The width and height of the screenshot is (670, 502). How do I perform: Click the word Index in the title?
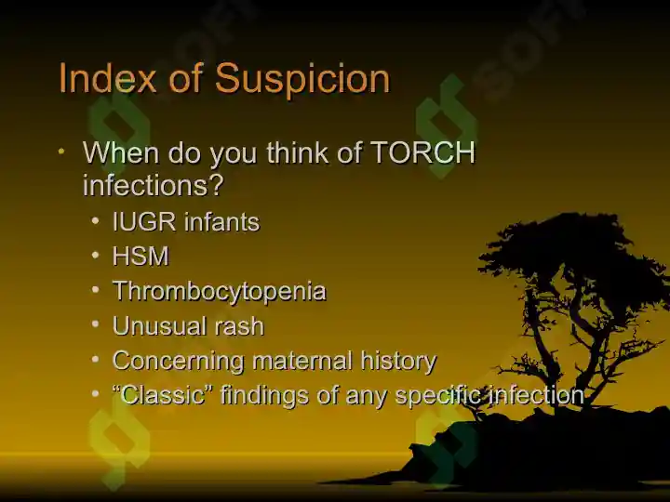click(107, 78)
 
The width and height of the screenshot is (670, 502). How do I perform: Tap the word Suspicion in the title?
click(302, 79)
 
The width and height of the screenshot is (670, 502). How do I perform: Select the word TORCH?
click(423, 152)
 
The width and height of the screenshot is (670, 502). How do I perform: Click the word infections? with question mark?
click(153, 185)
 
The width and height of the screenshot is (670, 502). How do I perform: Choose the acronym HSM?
click(141, 257)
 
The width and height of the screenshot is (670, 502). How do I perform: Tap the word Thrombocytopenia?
click(220, 292)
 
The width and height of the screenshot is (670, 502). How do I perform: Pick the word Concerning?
click(178, 361)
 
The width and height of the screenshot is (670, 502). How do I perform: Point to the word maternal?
click(302, 361)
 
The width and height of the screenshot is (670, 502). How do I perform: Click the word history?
click(398, 362)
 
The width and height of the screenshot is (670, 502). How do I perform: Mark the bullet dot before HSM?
click(95, 256)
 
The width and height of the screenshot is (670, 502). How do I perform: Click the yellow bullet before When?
click(61, 151)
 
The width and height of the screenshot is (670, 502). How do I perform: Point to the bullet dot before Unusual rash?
click(95, 324)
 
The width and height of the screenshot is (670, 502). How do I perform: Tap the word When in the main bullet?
click(121, 152)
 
